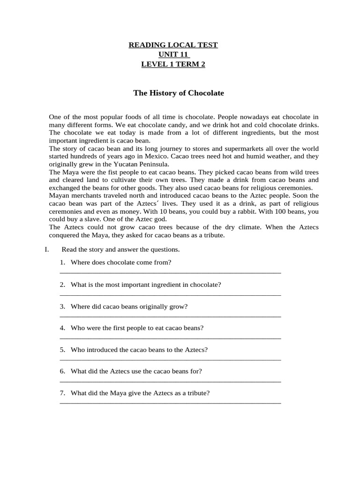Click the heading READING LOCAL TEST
tap(173, 45)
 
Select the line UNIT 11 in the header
tap(173, 55)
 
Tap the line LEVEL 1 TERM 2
tap(173, 65)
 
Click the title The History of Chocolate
tap(179, 93)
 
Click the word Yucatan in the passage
tap(126, 164)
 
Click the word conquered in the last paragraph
tap(64, 235)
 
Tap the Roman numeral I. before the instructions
tap(47, 249)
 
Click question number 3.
tap(62, 307)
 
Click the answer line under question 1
tap(170, 272)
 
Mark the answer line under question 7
tap(170, 403)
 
